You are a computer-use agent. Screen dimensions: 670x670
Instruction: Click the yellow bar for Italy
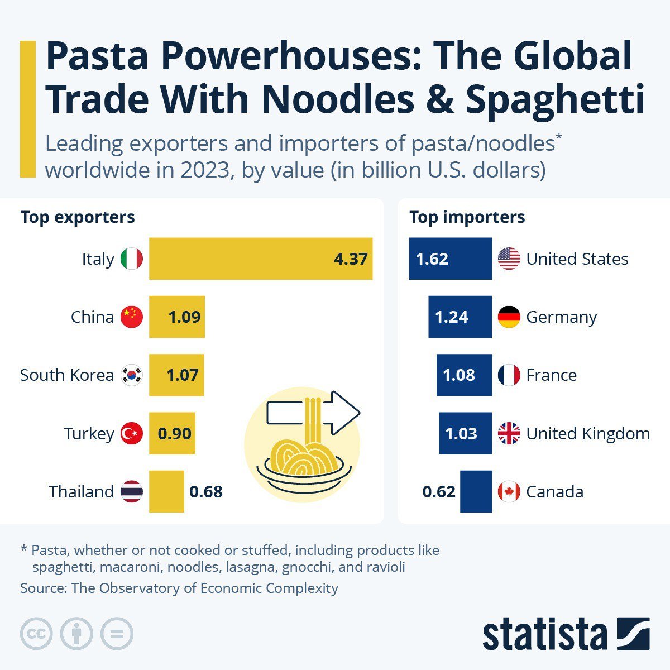coord(246,259)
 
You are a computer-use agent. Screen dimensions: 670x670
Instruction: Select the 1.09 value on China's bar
coord(184,317)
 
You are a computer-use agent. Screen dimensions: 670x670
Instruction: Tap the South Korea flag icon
coord(132,375)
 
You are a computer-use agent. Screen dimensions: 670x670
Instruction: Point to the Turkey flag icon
coord(132,433)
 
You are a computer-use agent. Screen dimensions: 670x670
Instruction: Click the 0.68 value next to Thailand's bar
coord(206,492)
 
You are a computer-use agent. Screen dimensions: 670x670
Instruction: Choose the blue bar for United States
coord(450,259)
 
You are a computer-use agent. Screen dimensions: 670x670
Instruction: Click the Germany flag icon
coord(509,317)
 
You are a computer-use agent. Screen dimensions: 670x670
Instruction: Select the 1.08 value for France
coord(458,375)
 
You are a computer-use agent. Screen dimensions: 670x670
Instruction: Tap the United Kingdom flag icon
coord(509,433)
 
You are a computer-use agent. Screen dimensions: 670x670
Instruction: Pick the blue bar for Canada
coord(476,492)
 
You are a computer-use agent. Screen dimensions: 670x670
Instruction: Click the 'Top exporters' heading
coord(78,217)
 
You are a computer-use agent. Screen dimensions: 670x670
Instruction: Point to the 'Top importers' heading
coord(467,217)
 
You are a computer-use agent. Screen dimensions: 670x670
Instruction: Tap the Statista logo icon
coord(633,634)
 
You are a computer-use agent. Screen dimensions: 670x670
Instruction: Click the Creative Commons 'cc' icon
coord(36,634)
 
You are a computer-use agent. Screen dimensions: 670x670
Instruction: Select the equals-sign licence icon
coord(117,634)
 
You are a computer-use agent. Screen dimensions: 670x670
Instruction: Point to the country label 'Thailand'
coord(81,492)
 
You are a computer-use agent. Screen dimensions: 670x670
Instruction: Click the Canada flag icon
coord(509,492)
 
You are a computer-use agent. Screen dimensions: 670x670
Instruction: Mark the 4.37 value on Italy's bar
coord(351,259)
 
